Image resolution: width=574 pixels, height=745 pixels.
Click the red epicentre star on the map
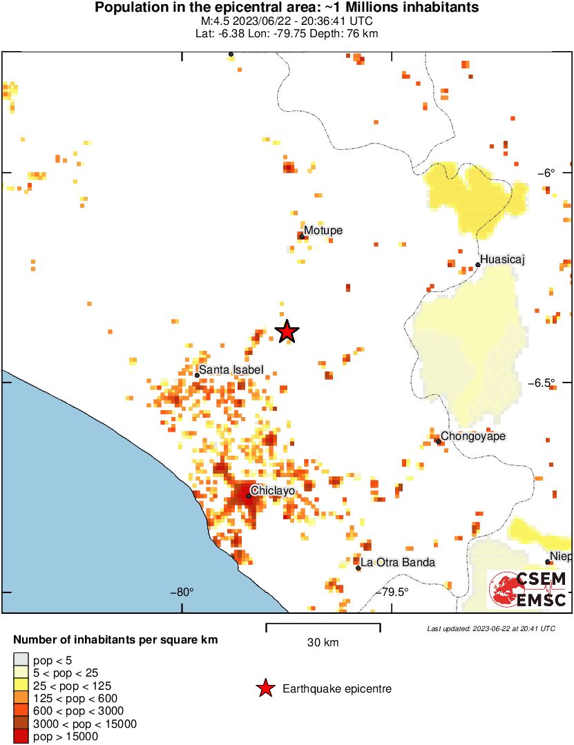click(287, 331)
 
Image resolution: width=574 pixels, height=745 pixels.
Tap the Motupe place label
click(323, 231)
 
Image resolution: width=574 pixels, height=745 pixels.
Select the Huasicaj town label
click(503, 260)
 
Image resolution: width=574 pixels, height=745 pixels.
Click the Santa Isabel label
click(231, 370)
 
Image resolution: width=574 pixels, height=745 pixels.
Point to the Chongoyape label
click(473, 436)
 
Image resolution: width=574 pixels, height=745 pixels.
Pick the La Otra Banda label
click(398, 562)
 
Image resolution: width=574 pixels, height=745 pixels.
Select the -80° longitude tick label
click(182, 591)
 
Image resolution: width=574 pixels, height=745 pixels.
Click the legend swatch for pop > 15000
click(21, 737)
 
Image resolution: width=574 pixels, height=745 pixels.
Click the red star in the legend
click(264, 688)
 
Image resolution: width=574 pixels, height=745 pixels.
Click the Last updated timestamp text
click(490, 628)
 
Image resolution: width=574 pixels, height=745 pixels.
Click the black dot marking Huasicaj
click(478, 264)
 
